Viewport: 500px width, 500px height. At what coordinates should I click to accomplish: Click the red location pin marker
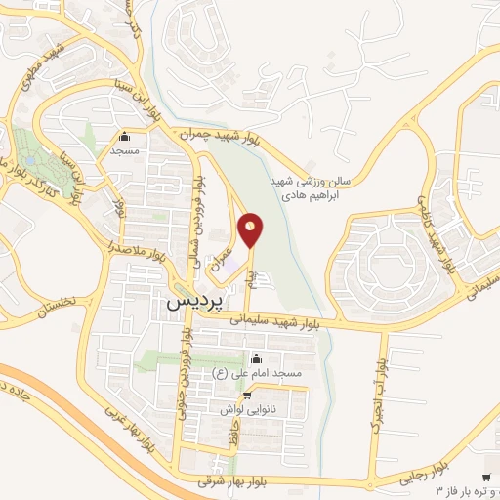(x=252, y=230)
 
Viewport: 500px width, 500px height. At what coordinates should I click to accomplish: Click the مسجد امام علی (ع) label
(x=256, y=373)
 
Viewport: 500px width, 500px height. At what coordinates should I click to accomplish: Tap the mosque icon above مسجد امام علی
(x=256, y=357)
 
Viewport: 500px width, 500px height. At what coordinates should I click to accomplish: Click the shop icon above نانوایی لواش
(x=248, y=396)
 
